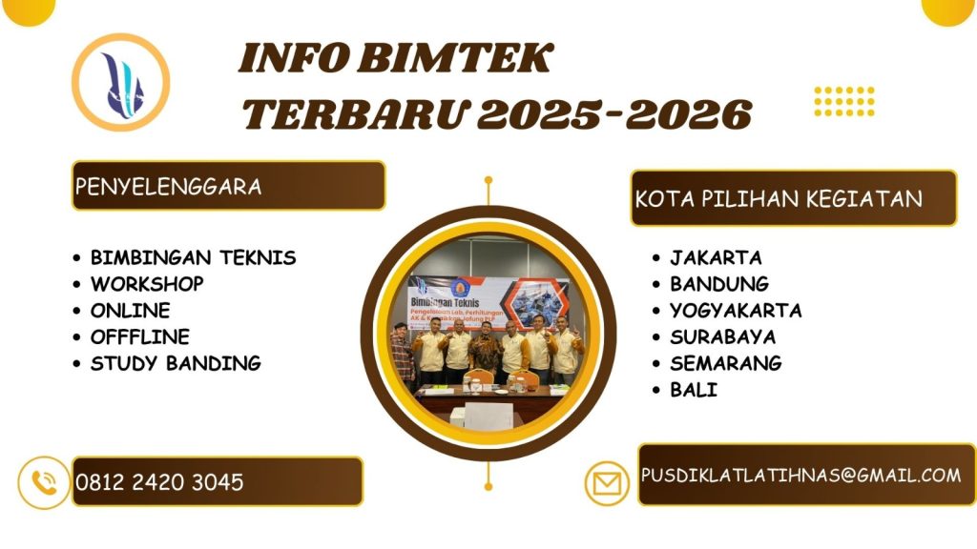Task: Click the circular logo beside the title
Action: click(x=121, y=80)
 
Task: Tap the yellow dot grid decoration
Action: click(x=843, y=100)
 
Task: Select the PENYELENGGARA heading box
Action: click(x=228, y=186)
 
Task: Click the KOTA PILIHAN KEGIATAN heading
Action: click(x=792, y=198)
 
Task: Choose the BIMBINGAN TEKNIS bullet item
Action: click(x=193, y=257)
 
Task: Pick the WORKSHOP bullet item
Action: click(x=146, y=284)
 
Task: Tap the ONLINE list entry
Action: click(x=130, y=311)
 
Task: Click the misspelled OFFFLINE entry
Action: click(x=139, y=336)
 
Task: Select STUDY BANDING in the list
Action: click(x=175, y=363)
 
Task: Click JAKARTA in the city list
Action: click(x=716, y=257)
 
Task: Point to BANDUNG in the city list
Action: click(x=718, y=284)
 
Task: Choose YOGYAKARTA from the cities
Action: click(x=735, y=311)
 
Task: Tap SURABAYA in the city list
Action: click(x=722, y=336)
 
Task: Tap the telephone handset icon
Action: click(x=44, y=482)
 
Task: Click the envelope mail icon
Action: click(x=608, y=483)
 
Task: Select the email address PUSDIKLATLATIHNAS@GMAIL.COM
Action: click(x=800, y=475)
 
